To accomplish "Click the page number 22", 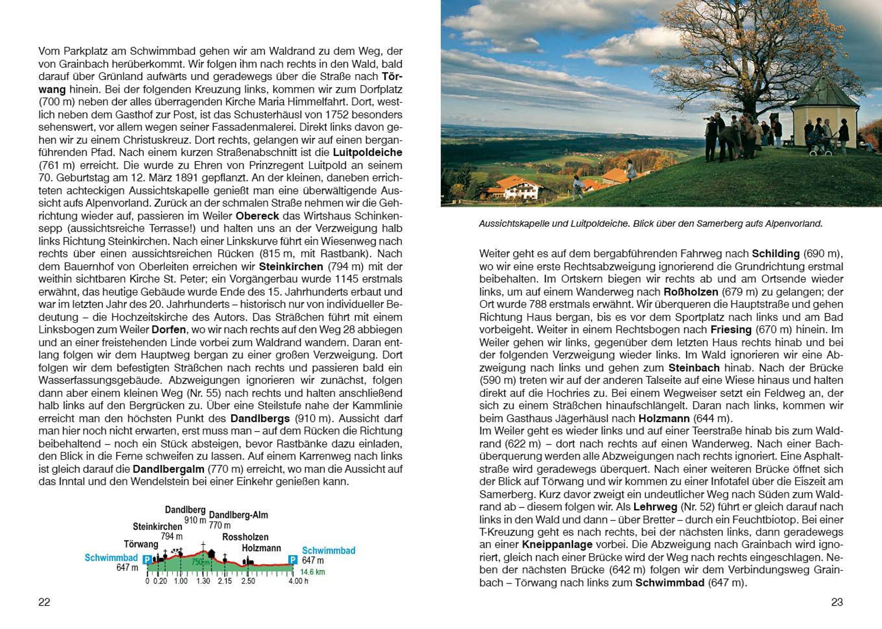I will (x=44, y=602).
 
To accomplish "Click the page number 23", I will (x=837, y=602).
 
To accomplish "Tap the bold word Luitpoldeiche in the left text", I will (x=367, y=153).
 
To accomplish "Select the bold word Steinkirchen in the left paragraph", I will (x=291, y=267).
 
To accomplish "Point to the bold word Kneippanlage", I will (x=557, y=544).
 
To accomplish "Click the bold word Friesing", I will (x=731, y=330).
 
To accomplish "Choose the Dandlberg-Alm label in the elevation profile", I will (x=239, y=515).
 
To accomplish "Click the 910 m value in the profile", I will (x=195, y=520).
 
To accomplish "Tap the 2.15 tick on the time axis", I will (x=225, y=581).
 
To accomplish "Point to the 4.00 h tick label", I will (x=298, y=581).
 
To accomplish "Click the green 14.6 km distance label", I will (x=312, y=572).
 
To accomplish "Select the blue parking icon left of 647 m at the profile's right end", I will (x=293, y=560).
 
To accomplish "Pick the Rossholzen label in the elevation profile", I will (x=245, y=537).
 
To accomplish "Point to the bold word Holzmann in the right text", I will (x=664, y=418).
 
